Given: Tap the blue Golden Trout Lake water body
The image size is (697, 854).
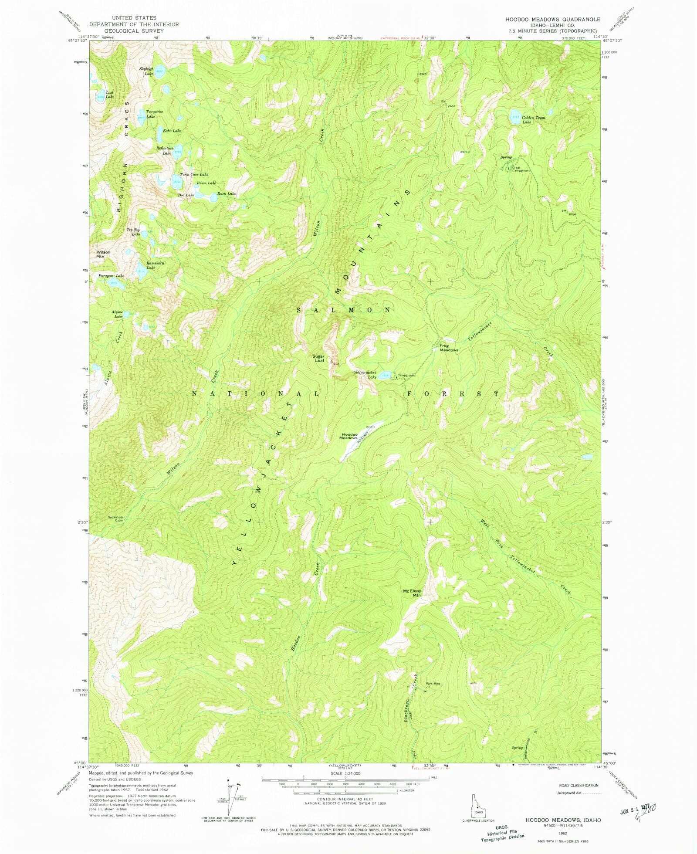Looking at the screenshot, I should (515, 117).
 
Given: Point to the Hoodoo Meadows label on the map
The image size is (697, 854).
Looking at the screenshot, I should (349, 436).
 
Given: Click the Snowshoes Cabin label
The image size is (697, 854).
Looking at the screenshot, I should (116, 519).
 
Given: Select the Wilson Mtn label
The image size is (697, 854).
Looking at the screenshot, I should (103, 254).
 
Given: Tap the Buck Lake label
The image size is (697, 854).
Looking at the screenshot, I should (227, 193).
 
